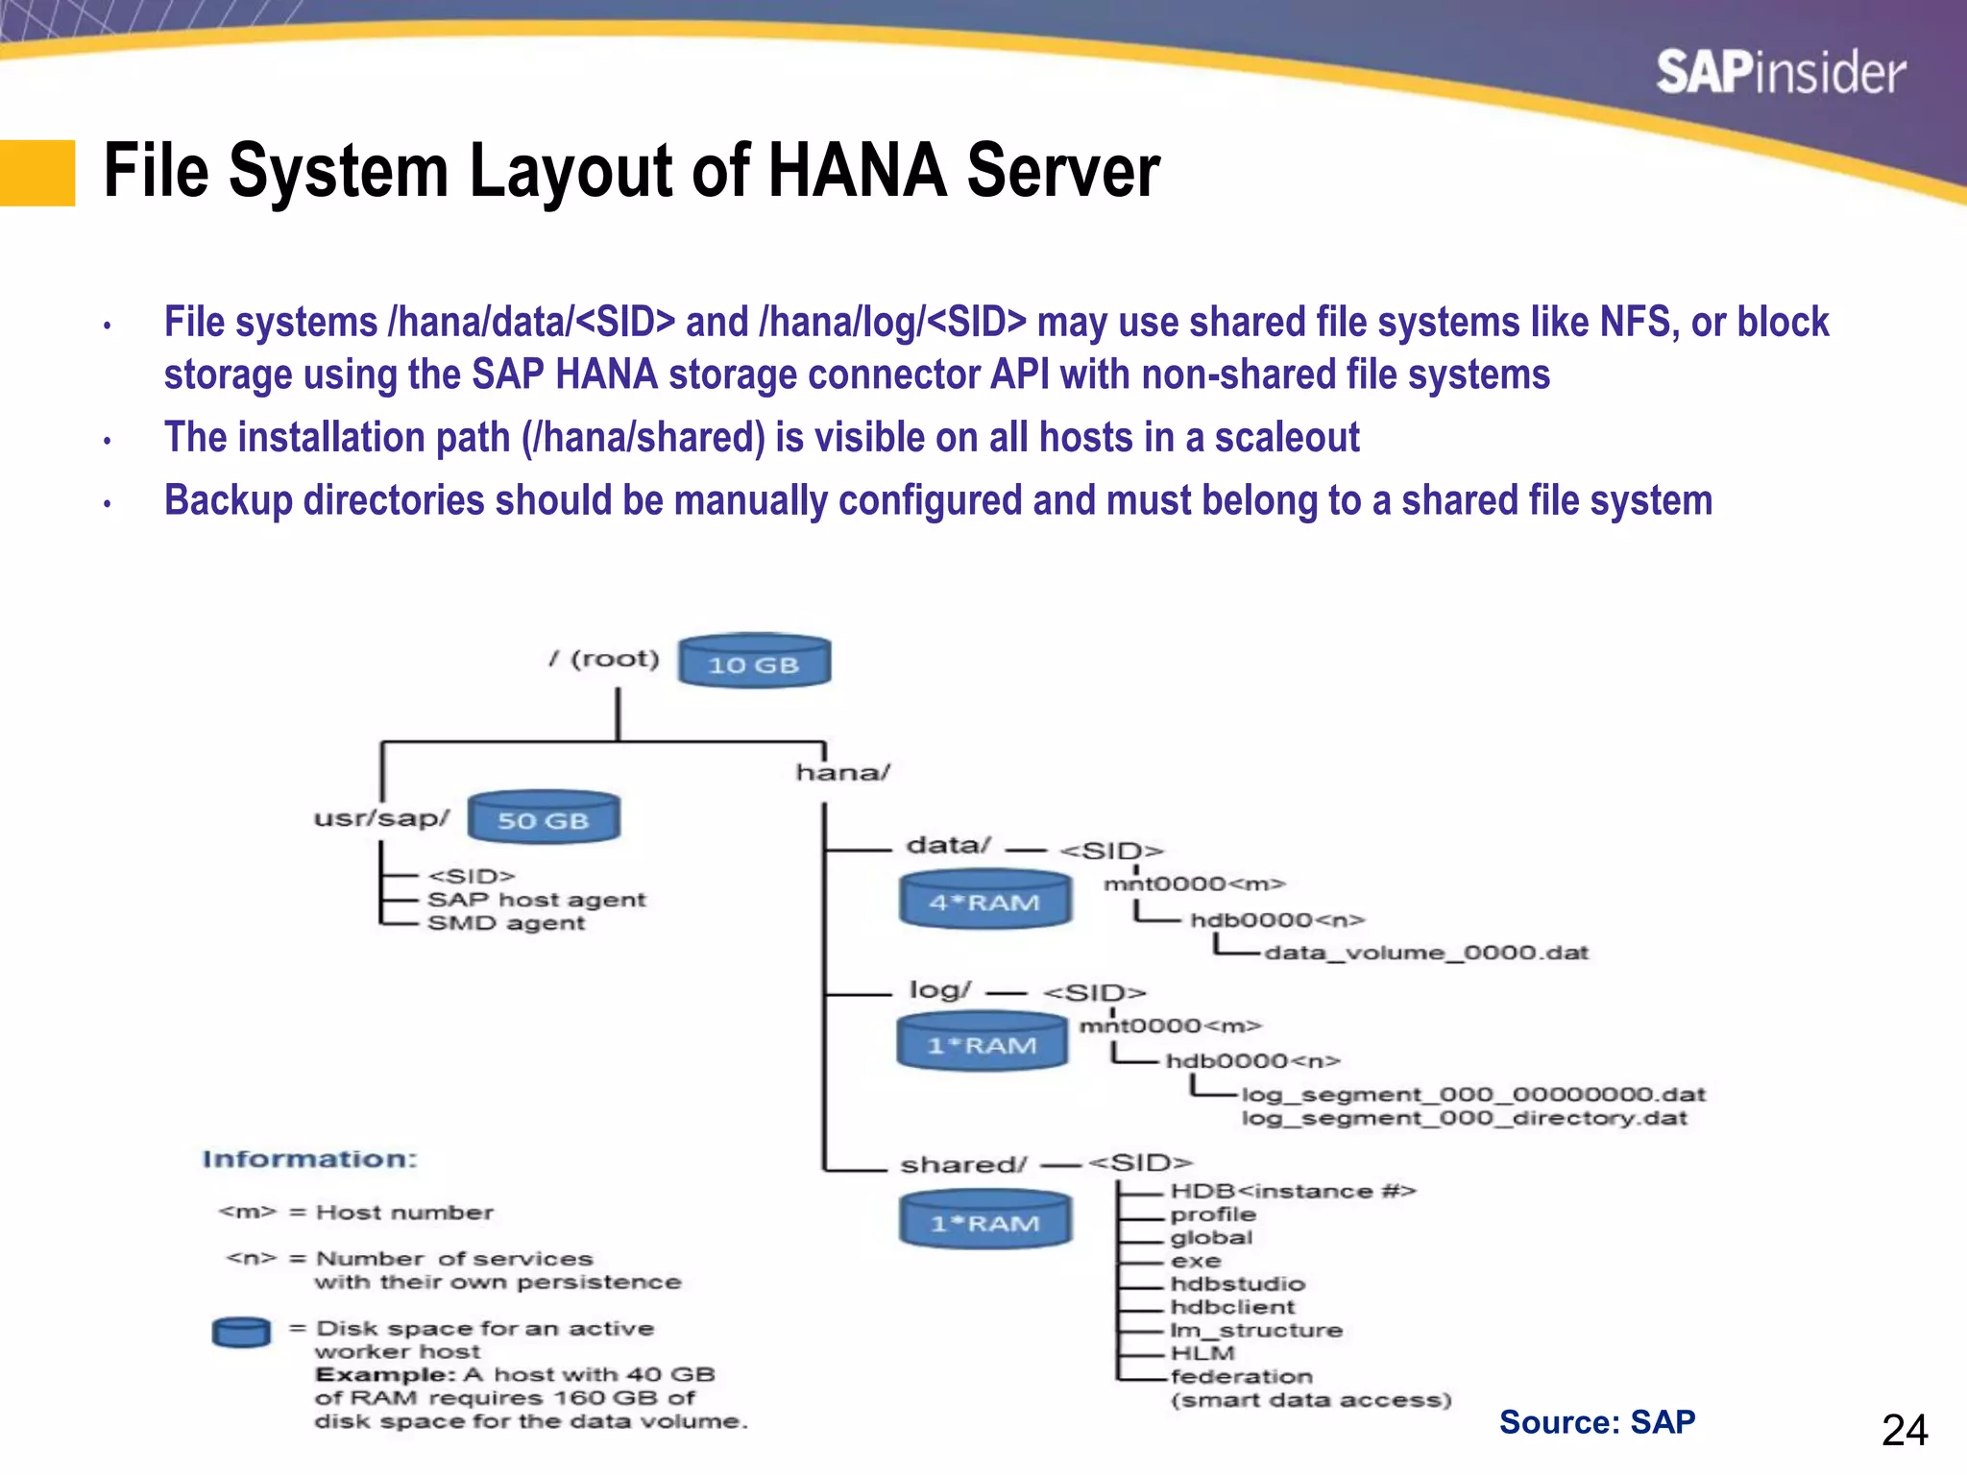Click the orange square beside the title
coord(37,173)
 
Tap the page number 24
coord(1904,1431)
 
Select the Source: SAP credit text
coord(1596,1422)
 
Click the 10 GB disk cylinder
coord(754,662)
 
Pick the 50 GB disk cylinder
coord(544,818)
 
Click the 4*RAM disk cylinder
coord(984,900)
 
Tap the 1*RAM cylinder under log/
coord(982,1043)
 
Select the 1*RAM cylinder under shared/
coord(984,1220)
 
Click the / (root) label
coord(605,659)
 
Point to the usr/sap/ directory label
coord(381,818)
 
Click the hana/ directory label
coord(843,772)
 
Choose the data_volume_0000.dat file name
coord(1426,953)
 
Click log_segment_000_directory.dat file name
coord(1464,1119)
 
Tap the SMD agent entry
coord(505,923)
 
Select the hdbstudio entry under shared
coord(1237,1284)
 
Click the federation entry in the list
coord(1241,1376)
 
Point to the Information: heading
coord(309,1159)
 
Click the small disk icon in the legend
coord(241,1332)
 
